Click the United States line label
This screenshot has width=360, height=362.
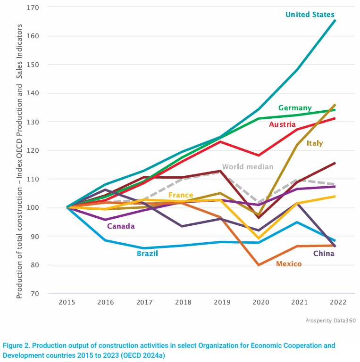(310, 15)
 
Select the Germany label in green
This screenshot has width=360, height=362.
(294, 108)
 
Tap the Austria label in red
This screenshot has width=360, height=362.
(282, 124)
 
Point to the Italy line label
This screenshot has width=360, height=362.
(314, 143)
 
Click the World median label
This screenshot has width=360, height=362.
(247, 167)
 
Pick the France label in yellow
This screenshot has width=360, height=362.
(180, 195)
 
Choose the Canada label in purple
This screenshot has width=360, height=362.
(121, 226)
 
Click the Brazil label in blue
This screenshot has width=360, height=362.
(147, 254)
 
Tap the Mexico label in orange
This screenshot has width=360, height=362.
(289, 264)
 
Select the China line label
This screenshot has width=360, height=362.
(324, 254)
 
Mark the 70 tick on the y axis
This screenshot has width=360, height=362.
(35, 294)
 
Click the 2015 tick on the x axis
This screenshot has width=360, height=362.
(67, 302)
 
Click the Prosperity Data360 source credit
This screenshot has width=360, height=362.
(330, 321)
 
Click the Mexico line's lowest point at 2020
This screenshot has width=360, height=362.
(259, 265)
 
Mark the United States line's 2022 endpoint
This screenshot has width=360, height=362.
(335, 20)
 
